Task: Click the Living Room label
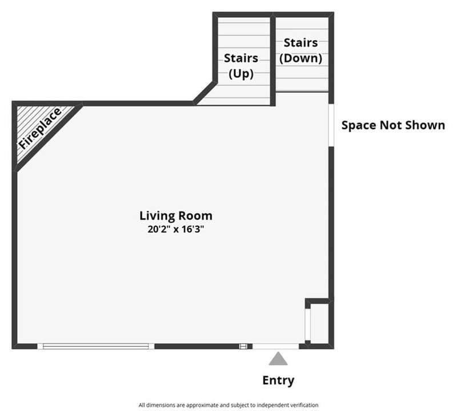pyautogui.click(x=176, y=216)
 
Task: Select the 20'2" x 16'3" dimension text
pyautogui.click(x=175, y=229)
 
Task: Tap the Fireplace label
pyautogui.click(x=39, y=128)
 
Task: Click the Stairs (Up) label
pyautogui.click(x=241, y=66)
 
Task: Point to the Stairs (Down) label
pyautogui.click(x=301, y=50)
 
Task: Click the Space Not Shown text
pyautogui.click(x=393, y=125)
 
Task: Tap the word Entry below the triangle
pyautogui.click(x=278, y=380)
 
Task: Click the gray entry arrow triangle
pyautogui.click(x=278, y=359)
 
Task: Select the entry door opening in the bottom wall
pyautogui.click(x=275, y=346)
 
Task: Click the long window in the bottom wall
pyautogui.click(x=95, y=346)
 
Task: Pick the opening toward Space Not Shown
pyautogui.click(x=331, y=125)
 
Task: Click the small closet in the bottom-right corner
pyautogui.click(x=320, y=323)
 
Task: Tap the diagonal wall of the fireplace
pyautogui.click(x=49, y=137)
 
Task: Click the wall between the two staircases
pyautogui.click(x=273, y=60)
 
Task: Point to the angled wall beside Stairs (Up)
pyautogui.click(x=205, y=93)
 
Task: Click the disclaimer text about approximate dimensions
pyautogui.click(x=228, y=405)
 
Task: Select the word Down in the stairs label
pyautogui.click(x=301, y=58)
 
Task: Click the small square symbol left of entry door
pyautogui.click(x=243, y=346)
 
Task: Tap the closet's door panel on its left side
pyautogui.click(x=308, y=324)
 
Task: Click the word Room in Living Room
pyautogui.click(x=195, y=216)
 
